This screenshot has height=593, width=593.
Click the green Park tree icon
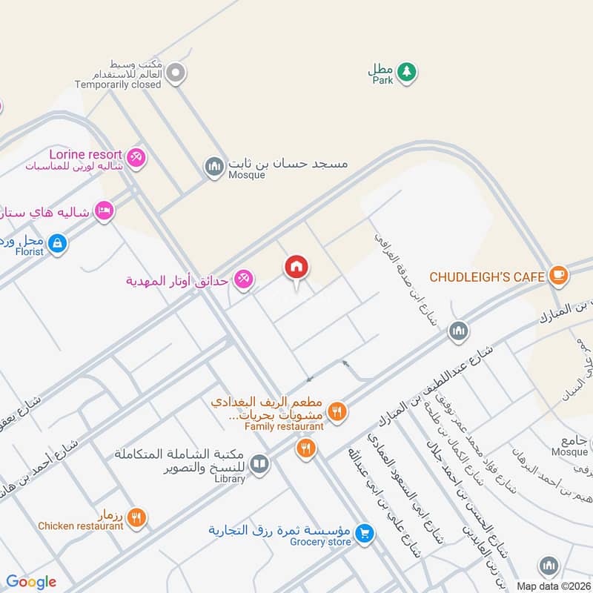tap(405, 72)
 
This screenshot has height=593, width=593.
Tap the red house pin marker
tap(296, 268)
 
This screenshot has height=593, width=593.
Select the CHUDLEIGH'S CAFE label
tap(487, 277)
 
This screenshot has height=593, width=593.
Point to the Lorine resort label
tap(85, 154)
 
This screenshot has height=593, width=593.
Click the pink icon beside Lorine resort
tap(136, 157)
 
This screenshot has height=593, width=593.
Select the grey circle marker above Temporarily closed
tap(176, 73)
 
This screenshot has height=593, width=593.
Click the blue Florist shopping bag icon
tap(57, 242)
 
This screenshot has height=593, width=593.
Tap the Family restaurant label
tap(285, 426)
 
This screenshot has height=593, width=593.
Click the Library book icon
tap(259, 465)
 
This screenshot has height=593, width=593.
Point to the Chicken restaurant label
tap(81, 526)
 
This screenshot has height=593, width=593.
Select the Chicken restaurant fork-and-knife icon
tap(136, 518)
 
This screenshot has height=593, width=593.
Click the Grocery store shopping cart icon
tap(364, 532)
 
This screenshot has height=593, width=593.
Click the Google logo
tap(31, 582)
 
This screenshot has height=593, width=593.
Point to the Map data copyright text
tap(553, 586)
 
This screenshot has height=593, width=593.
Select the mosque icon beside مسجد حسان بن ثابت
tap(215, 166)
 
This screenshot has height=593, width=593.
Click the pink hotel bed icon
tap(105, 212)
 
